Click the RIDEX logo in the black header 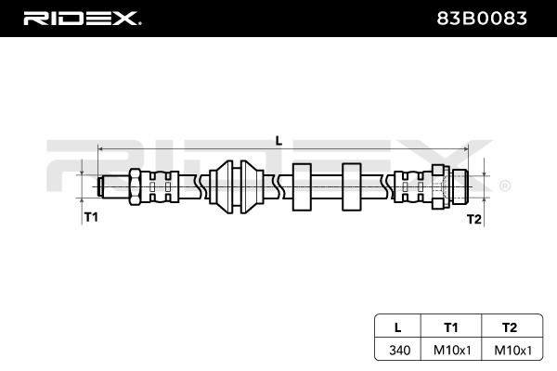pyautogui.click(x=82, y=19)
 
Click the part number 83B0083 pyautogui.click(x=481, y=19)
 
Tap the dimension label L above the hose pyautogui.click(x=278, y=141)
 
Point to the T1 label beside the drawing pyautogui.click(x=91, y=216)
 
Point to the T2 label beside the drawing pyautogui.click(x=473, y=219)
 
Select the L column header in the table pyautogui.click(x=398, y=327)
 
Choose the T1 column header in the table pyautogui.click(x=451, y=327)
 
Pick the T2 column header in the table pyautogui.click(x=510, y=327)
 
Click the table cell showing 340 pyautogui.click(x=399, y=350)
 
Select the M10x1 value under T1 pyautogui.click(x=452, y=350)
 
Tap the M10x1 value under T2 pyautogui.click(x=513, y=350)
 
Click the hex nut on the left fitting pyautogui.click(x=136, y=186)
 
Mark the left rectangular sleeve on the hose pyautogui.click(x=302, y=187)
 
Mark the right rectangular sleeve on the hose pyautogui.click(x=351, y=187)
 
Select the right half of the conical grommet pyautogui.click(x=252, y=187)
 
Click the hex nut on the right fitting pyautogui.click(x=440, y=186)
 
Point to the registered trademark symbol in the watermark pyautogui.click(x=505, y=185)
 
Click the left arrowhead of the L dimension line pyautogui.click(x=101, y=149)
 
